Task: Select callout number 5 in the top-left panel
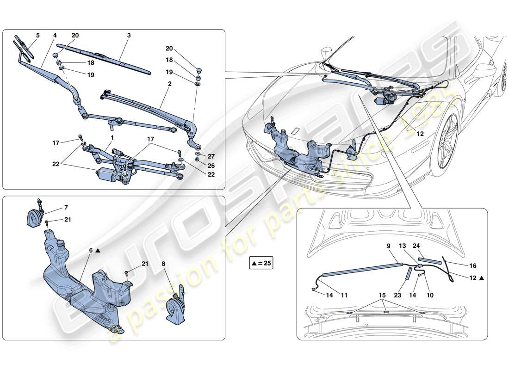[x=38, y=35]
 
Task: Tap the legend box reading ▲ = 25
[x=262, y=264]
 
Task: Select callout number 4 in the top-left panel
[x=55, y=35]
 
